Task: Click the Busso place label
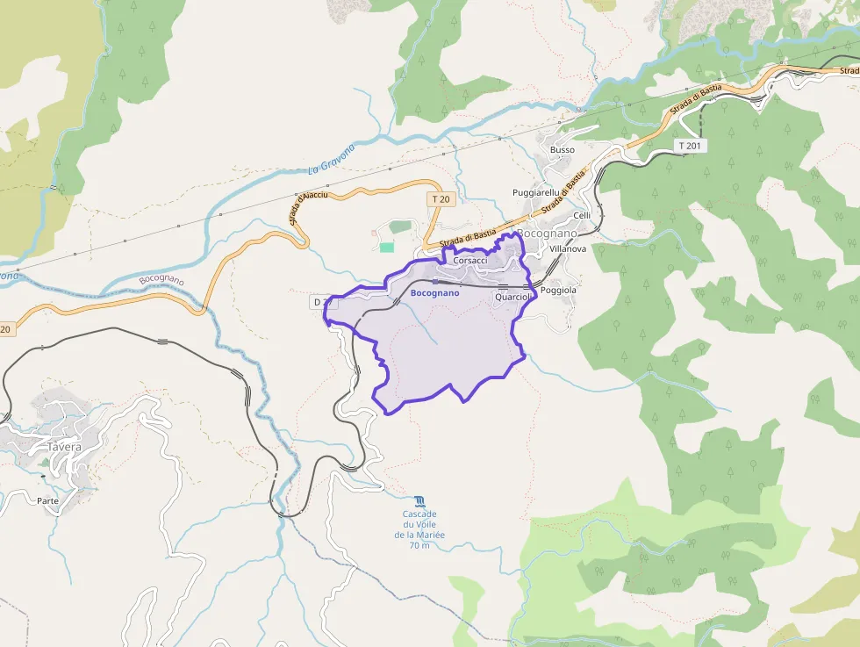(563, 150)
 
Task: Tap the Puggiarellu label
(535, 192)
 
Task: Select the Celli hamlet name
(582, 215)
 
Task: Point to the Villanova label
(567, 249)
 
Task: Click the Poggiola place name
(558, 290)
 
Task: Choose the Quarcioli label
(513, 298)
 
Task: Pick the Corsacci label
(470, 261)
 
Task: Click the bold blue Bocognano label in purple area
(434, 292)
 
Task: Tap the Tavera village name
(64, 446)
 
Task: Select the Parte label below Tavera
(48, 500)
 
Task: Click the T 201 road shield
(691, 145)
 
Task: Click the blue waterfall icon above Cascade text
(419, 501)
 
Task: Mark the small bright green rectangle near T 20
(387, 248)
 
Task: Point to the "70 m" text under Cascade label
(419, 545)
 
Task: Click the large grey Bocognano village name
(548, 234)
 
